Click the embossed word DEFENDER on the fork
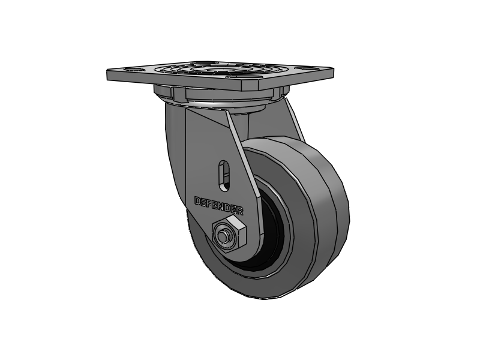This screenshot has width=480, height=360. click(x=219, y=205)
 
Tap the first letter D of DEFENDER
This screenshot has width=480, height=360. click(x=197, y=200)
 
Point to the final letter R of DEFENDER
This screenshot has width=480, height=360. click(x=241, y=211)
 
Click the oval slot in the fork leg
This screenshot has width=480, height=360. click(x=224, y=172)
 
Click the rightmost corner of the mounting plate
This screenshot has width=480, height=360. click(x=333, y=69)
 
